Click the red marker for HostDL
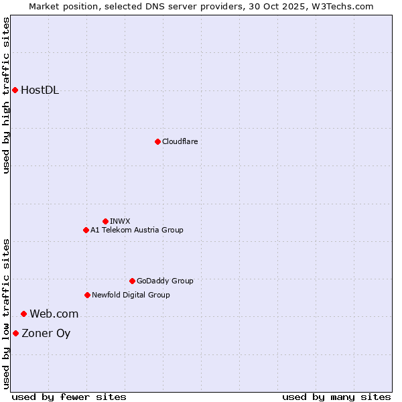[x=15, y=90]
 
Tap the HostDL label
[x=40, y=90]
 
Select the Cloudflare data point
[x=157, y=141]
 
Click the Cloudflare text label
[x=180, y=141]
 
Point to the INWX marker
[x=105, y=221]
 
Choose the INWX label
[x=120, y=221]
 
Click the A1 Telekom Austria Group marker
[x=86, y=230]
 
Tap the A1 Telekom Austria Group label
[x=137, y=230]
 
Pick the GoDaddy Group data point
[x=132, y=281]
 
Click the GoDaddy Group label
[x=165, y=281]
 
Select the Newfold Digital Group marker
[x=87, y=295]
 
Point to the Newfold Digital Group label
[x=131, y=295]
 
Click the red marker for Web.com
[x=23, y=314]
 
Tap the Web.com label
[x=54, y=314]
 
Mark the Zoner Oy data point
[x=15, y=333]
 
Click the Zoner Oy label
[x=46, y=334]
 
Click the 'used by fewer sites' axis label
[x=69, y=397]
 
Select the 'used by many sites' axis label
[x=336, y=397]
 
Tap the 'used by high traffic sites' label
[x=7, y=96]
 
